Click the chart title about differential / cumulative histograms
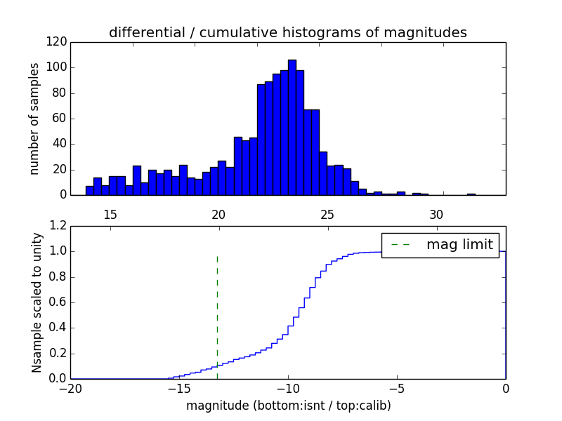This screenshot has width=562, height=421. coord(287,32)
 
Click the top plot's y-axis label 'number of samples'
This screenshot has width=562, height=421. coord(34,119)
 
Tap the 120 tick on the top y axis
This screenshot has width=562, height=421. coord(58,42)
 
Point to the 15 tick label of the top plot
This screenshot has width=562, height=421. coord(110,214)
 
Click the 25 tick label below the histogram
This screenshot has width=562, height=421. coord(327,214)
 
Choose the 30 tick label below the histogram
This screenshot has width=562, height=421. coord(436,214)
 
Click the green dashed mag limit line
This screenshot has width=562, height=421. coord(217,309)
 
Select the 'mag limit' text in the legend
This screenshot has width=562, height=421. coord(459,245)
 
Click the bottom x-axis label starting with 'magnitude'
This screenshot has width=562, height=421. coord(288,406)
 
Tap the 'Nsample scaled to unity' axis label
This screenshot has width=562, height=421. coord(37,302)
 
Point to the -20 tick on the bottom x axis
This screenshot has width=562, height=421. coord(70,389)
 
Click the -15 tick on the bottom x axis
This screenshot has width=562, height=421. coord(179,389)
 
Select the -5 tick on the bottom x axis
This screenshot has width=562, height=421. coord(397,389)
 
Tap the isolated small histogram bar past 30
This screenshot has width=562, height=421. coord(471,194)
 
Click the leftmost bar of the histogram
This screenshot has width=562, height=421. coord(90,190)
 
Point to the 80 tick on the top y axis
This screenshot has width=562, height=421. coord(61,93)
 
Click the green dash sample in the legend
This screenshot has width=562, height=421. coord(400,245)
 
